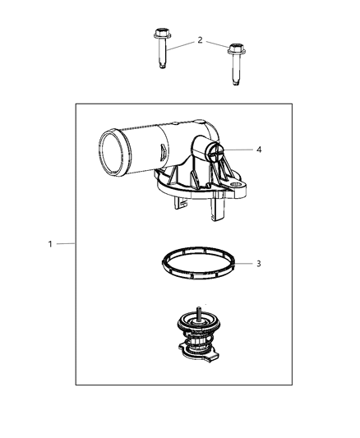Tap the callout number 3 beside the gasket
pos(258,264)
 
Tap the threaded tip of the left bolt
pos(162,69)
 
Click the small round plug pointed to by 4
pos(215,150)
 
